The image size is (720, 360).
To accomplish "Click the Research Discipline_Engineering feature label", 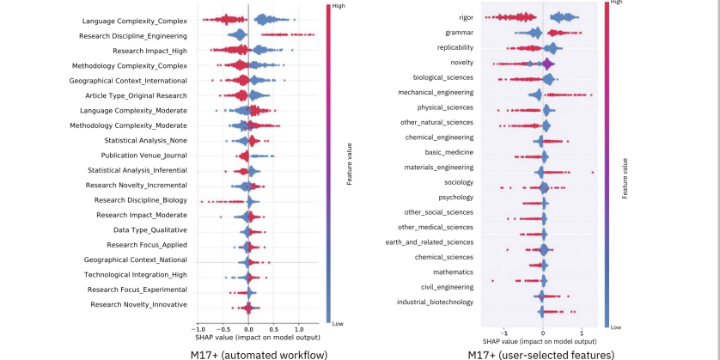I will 134,35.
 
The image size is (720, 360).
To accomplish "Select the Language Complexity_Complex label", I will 135,21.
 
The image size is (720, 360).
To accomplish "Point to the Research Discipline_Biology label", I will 141,200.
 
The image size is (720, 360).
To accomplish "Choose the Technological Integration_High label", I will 135,275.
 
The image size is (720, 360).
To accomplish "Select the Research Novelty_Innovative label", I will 139,304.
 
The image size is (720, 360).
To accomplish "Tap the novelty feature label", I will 461,63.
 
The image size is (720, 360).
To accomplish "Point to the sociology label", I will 458,182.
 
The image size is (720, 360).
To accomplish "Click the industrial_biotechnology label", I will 435,302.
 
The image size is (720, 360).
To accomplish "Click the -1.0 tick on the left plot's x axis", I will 198,328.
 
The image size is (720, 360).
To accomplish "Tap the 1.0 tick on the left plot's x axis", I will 298,328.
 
